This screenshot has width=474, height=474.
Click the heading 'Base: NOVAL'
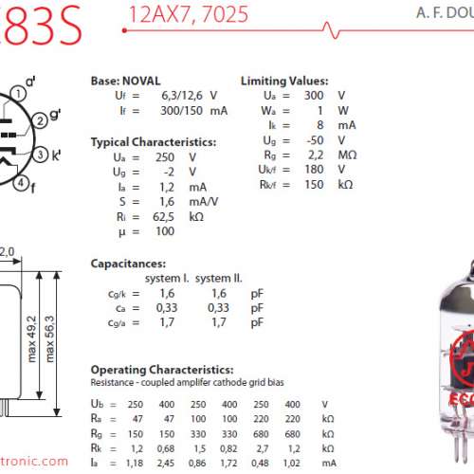tap(125, 82)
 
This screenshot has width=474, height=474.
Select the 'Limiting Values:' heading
tap(284, 82)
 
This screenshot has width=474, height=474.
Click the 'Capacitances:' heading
tap(128, 263)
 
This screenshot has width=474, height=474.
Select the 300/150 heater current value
tap(176, 111)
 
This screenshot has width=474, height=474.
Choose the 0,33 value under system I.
tap(165, 308)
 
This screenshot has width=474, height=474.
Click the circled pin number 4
tap(22, 183)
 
